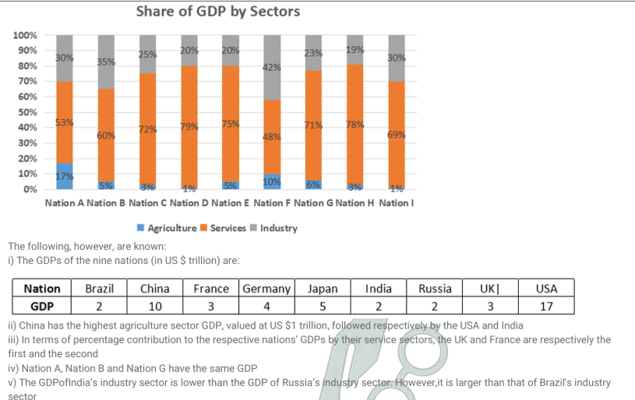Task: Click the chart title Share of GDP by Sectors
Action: [x=217, y=11]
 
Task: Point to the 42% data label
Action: [x=272, y=68]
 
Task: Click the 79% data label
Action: [x=189, y=127]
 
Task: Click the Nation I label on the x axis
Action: [x=397, y=203]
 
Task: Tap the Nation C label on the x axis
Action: [x=147, y=203]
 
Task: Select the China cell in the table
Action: [x=154, y=289]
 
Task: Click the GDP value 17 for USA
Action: [x=546, y=306]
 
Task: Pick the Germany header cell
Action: [x=266, y=289]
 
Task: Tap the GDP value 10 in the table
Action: [x=154, y=306]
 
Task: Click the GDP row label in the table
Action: [x=42, y=306]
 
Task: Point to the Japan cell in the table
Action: [x=323, y=289]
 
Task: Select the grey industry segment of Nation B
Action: [x=106, y=62]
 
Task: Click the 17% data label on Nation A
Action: [x=65, y=176]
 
